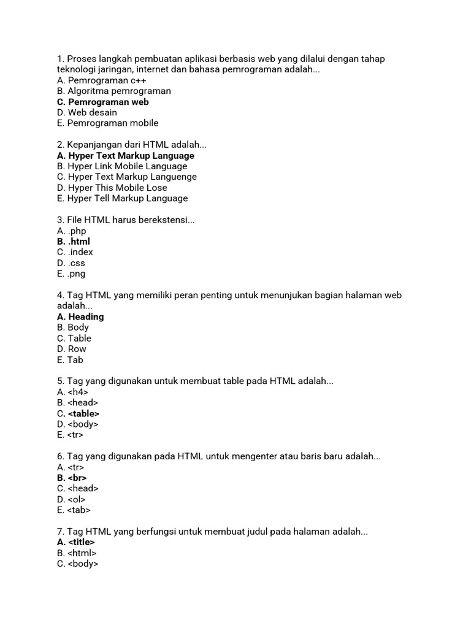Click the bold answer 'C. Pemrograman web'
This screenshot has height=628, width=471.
102,102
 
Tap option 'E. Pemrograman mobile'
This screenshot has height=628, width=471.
107,123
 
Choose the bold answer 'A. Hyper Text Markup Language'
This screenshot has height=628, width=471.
125,156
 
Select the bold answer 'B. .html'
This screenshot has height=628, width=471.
73,242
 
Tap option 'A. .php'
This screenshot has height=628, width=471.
71,231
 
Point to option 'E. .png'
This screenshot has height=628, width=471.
71,274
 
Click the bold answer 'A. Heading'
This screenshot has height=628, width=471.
80,317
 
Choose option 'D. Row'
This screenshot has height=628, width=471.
71,349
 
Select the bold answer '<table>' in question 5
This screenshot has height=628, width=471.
83,414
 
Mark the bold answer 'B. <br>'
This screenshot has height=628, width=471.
72,478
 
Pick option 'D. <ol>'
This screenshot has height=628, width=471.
71,499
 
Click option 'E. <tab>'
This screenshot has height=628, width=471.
74,510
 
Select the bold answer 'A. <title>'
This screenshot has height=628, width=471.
75,542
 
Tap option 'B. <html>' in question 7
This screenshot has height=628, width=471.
77,553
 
